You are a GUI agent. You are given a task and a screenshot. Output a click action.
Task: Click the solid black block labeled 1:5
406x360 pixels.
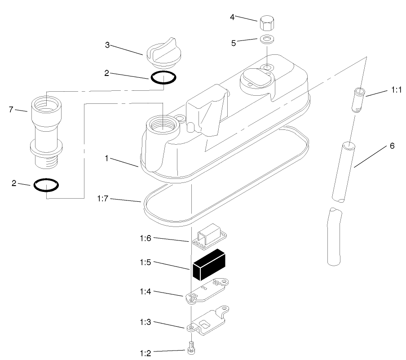point(209,264)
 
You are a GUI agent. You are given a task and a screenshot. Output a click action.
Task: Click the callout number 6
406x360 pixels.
point(392,146)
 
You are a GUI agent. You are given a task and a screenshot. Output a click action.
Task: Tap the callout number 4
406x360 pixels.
point(232,17)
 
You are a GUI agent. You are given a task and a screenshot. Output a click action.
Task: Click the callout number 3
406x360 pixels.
point(107,45)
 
